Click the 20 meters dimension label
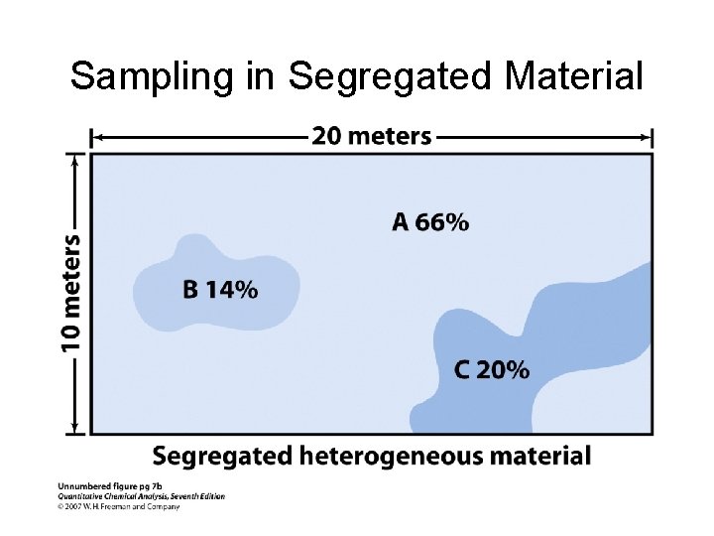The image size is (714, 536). [x=372, y=136]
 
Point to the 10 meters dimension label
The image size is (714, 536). [x=70, y=293]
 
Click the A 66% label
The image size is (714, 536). [x=430, y=222]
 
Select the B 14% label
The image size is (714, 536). [x=220, y=290]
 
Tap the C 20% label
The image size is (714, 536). [x=492, y=370]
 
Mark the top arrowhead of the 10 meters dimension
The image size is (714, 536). [x=71, y=157]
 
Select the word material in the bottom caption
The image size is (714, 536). [x=543, y=457]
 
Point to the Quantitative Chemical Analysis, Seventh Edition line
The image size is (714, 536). [x=141, y=496]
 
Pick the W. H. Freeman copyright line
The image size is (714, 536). [x=119, y=506]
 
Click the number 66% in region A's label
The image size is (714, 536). [x=442, y=222]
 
